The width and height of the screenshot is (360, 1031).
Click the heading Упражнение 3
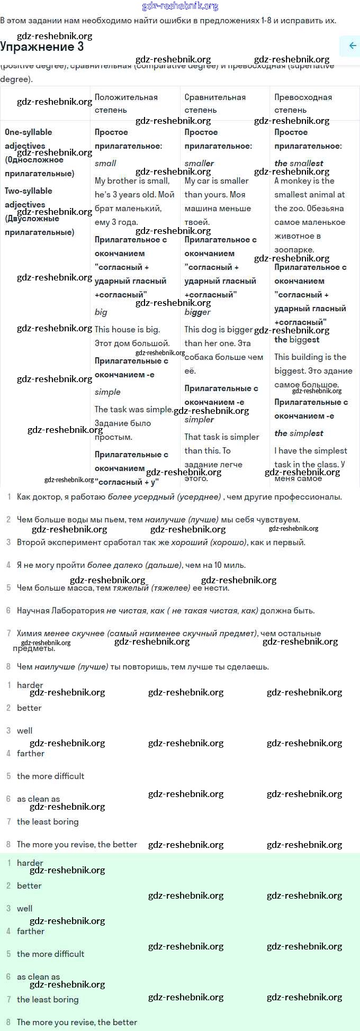42,47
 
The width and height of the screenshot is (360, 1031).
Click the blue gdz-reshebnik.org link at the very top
180,6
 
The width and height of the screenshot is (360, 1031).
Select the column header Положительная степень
126,103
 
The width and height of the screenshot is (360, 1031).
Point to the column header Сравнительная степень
215,103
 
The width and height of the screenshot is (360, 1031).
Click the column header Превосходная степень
303,103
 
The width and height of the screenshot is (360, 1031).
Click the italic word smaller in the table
199,164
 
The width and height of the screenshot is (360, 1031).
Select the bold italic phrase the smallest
299,164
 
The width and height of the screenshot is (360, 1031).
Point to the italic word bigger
197,312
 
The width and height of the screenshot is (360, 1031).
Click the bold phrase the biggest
296,340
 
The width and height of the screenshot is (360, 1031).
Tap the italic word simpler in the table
199,420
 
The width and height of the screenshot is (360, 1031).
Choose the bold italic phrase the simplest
299,433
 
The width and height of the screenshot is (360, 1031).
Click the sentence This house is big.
127,329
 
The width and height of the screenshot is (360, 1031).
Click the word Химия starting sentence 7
29,634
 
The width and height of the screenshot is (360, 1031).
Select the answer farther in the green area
31,931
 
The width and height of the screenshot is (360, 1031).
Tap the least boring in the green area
48,999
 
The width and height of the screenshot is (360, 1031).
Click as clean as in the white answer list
38,799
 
